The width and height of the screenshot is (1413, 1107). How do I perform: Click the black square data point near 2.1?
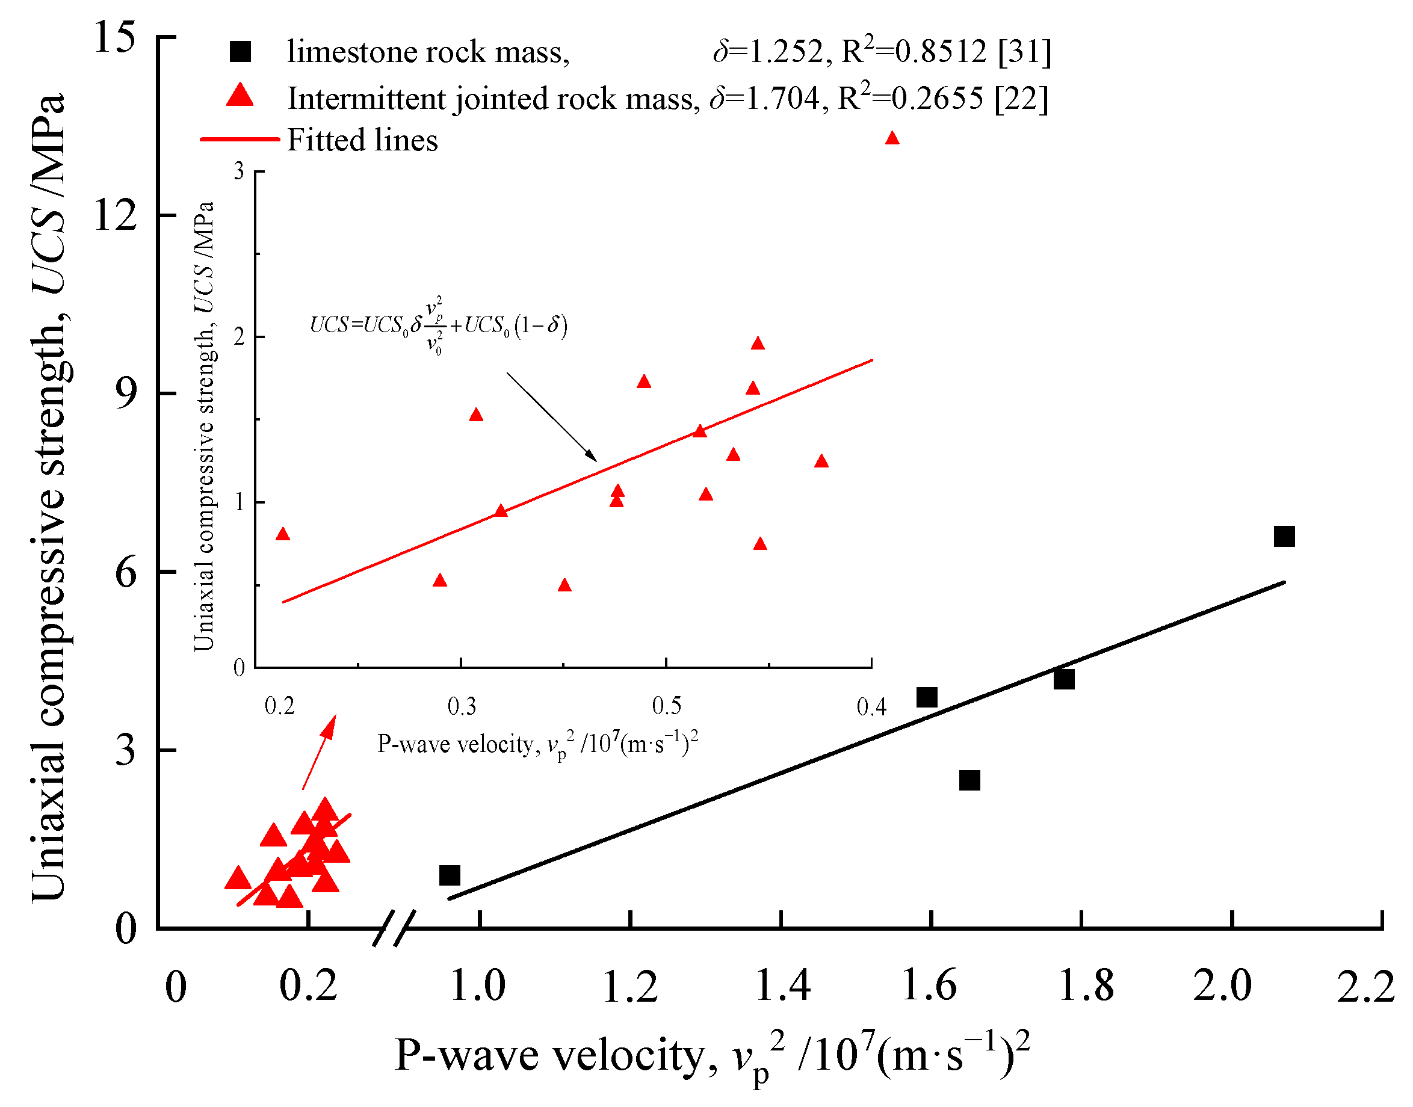point(1284,537)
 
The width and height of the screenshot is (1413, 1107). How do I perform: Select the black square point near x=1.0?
point(450,875)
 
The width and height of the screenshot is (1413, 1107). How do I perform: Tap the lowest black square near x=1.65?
point(969,780)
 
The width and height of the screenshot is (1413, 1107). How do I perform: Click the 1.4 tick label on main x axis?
point(782,987)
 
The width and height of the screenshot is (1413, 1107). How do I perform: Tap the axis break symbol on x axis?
point(394,928)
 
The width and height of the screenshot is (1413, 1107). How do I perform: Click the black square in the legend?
point(241,52)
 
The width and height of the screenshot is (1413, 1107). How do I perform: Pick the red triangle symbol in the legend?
point(241,96)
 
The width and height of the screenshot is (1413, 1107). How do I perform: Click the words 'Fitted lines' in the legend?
point(362,140)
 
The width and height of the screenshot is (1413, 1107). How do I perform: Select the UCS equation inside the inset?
point(439,325)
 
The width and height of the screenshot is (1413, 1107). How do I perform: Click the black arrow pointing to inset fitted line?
point(551,416)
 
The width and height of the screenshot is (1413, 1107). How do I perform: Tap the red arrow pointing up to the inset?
point(320,752)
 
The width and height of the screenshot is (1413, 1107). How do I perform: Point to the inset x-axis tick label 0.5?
point(666,706)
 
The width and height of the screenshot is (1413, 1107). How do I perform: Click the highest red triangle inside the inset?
point(758,344)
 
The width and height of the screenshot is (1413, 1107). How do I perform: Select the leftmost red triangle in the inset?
point(283,534)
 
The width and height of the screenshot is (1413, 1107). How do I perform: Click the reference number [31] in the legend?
point(1024,52)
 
